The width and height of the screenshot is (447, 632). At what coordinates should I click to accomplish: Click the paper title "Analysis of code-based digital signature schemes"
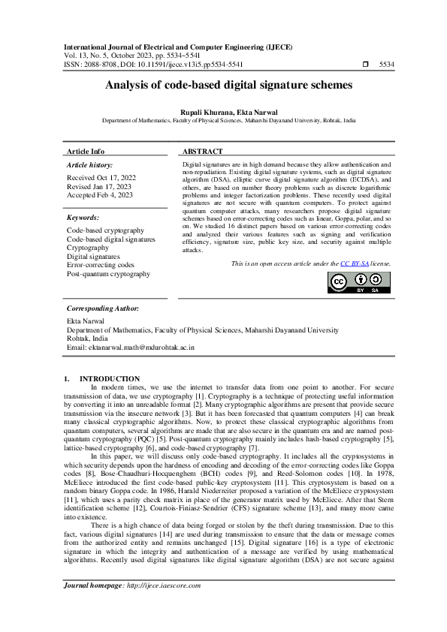pyautogui.click(x=223, y=86)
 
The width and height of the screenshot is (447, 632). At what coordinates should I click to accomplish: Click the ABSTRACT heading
pyautogui.click(x=202, y=152)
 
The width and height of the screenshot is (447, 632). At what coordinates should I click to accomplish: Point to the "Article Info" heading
pyautogui.click(x=86, y=152)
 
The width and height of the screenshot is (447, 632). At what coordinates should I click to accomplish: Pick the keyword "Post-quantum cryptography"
pyautogui.click(x=108, y=274)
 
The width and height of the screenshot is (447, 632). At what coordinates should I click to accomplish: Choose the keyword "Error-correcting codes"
pyautogui.click(x=101, y=265)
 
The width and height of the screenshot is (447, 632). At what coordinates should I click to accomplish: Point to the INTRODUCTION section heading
pyautogui.click(x=110, y=378)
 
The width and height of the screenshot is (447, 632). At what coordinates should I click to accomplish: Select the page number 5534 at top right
pyautogui.click(x=386, y=65)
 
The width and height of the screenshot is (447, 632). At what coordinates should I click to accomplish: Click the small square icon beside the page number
pyautogui.click(x=365, y=65)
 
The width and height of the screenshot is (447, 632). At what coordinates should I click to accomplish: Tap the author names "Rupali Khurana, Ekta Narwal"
pyautogui.click(x=223, y=111)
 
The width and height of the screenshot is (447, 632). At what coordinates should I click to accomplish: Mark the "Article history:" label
pyautogui.click(x=89, y=164)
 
